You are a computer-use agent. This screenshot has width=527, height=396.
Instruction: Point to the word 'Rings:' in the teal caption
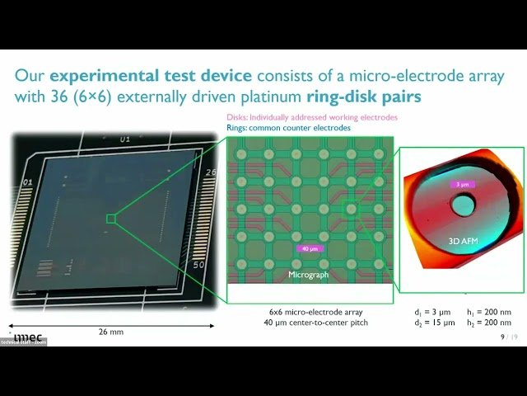(240, 128)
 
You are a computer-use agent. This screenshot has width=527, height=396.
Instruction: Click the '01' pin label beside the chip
(27, 181)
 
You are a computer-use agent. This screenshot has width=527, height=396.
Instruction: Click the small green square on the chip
(111, 219)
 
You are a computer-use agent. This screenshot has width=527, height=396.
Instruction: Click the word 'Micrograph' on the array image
(309, 274)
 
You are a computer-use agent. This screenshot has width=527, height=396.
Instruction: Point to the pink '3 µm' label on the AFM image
(462, 185)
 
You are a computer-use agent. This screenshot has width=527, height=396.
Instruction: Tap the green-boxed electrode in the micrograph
(351, 210)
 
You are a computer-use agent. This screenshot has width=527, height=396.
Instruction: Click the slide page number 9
(503, 337)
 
